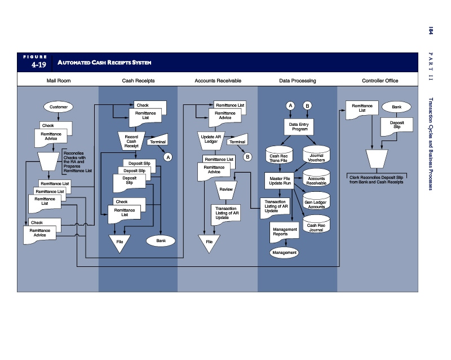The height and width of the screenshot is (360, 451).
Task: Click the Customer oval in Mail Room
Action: pyautogui.click(x=59, y=107)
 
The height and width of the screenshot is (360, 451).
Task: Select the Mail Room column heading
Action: pyautogui.click(x=59, y=81)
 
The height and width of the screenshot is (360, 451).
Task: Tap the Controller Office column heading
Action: pyautogui.click(x=380, y=81)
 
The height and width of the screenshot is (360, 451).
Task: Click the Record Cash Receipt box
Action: pyautogui.click(x=131, y=141)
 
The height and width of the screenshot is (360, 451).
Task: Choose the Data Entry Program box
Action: pyautogui.click(x=298, y=127)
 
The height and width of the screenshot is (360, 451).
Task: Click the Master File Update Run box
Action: pyautogui.click(x=280, y=181)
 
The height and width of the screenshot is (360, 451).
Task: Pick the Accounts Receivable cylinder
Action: pyautogui.click(x=316, y=180)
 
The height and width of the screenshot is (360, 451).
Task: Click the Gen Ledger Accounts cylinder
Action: pyautogui.click(x=316, y=203)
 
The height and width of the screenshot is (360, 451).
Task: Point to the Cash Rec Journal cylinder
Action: pyautogui.click(x=316, y=227)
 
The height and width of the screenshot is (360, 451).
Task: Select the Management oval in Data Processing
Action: pyautogui.click(x=284, y=252)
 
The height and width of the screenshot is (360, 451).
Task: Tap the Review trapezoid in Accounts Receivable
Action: pyautogui.click(x=226, y=190)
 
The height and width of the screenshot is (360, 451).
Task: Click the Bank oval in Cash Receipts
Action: pyautogui.click(x=161, y=241)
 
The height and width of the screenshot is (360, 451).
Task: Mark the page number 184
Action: pyautogui.click(x=430, y=30)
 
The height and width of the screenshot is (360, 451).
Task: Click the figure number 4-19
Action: pyautogui.click(x=38, y=65)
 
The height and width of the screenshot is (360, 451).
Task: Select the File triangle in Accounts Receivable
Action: pyautogui.click(x=209, y=243)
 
